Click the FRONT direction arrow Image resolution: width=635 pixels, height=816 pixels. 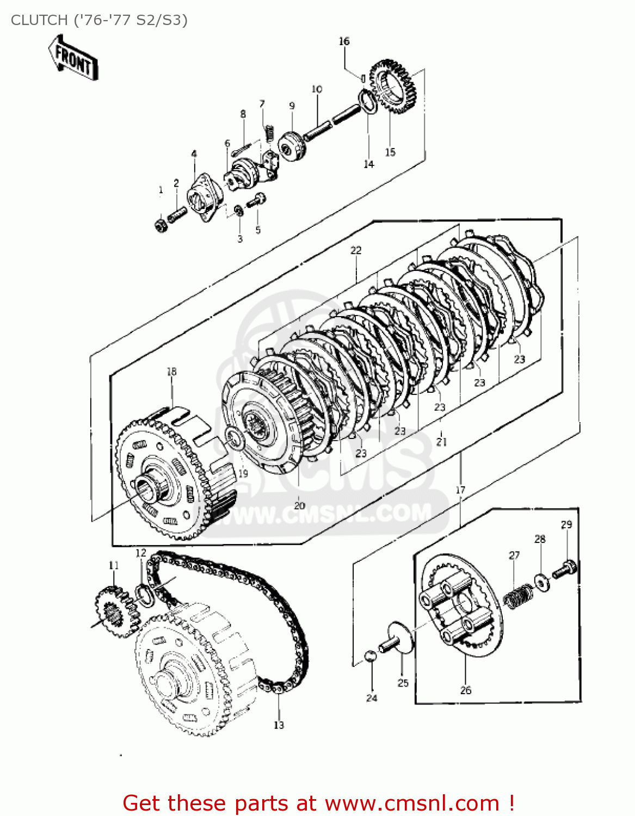click(72, 59)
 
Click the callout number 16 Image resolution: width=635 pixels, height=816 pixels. click(344, 41)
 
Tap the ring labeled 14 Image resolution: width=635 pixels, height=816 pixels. click(368, 102)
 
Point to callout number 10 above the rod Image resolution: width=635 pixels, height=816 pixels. click(317, 89)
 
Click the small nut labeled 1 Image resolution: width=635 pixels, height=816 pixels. click(161, 224)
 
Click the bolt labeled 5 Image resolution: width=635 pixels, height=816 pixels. click(256, 201)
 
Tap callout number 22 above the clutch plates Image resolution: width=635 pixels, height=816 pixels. click(356, 250)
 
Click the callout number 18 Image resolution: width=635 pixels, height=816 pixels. click(171, 372)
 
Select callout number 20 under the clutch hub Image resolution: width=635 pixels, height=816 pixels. click(299, 505)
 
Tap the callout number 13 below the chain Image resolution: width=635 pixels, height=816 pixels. click(279, 725)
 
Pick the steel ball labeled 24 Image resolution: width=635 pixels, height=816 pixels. click(370, 656)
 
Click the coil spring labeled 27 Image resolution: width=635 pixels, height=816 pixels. click(518, 596)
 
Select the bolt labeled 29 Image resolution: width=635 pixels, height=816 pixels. click(565, 570)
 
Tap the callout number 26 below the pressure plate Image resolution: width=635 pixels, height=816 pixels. click(466, 690)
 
